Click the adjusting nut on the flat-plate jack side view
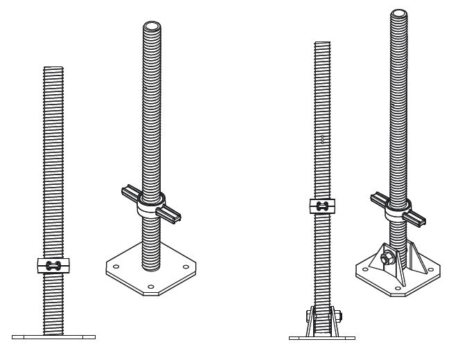(53, 265)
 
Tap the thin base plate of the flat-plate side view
(53, 337)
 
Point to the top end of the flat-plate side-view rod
(53, 68)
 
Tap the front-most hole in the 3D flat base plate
(150, 286)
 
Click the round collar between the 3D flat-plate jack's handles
(151, 206)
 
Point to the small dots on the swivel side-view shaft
(322, 138)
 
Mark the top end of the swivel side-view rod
(322, 44)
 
